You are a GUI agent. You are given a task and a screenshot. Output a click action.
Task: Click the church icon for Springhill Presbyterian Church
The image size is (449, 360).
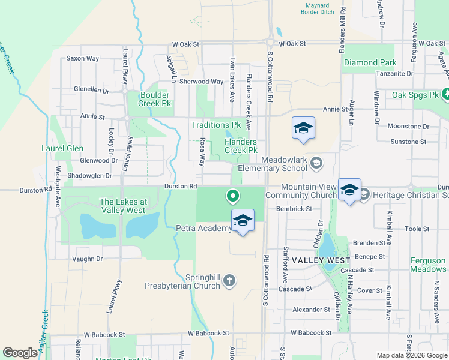(x=228, y=280)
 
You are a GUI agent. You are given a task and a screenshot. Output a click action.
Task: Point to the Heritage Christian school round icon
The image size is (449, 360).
(x=364, y=195)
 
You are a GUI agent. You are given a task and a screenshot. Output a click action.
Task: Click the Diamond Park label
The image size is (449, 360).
(x=370, y=62)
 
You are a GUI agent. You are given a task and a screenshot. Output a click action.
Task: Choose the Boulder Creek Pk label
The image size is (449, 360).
(x=155, y=99)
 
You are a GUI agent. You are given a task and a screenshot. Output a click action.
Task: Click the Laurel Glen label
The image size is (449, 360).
(x=62, y=148)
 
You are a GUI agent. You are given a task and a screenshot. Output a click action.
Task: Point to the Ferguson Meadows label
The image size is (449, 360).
(x=428, y=265)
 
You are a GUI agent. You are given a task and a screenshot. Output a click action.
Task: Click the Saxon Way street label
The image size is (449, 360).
(x=83, y=58)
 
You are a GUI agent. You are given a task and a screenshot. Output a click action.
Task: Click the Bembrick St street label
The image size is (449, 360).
(x=294, y=209)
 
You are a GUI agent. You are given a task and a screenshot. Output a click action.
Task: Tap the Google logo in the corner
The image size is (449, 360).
(x=20, y=353)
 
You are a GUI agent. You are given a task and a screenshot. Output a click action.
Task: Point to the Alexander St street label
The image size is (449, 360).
(x=307, y=310)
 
